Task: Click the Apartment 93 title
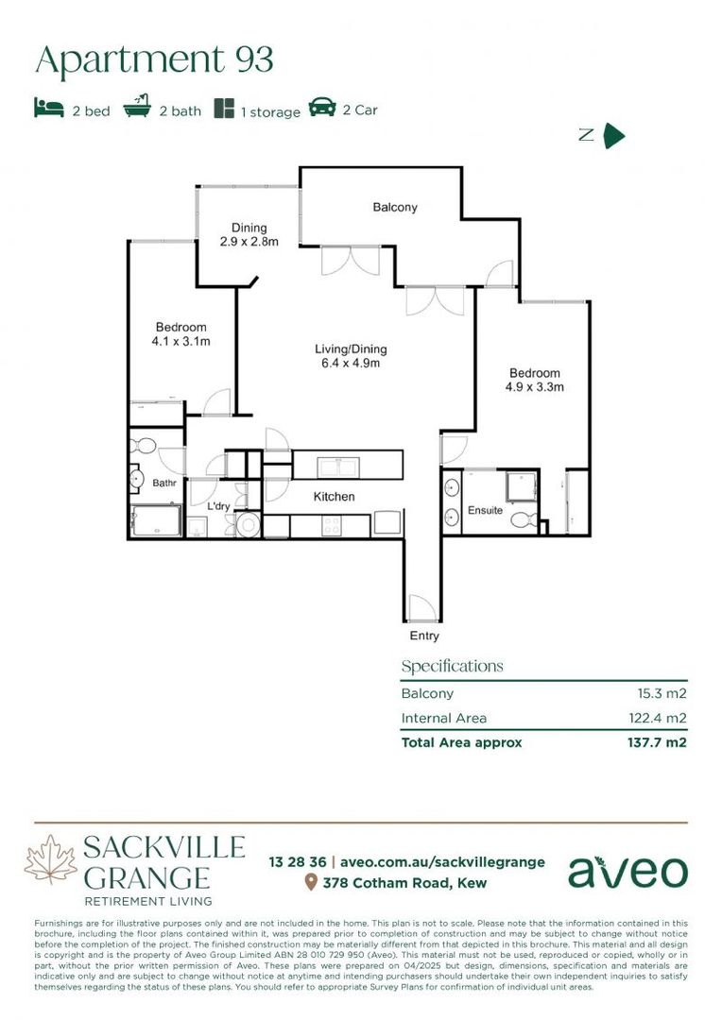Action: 154,59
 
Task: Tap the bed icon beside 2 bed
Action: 49,108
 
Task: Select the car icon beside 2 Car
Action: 322,108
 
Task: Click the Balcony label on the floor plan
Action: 394,207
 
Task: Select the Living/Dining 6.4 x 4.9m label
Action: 351,357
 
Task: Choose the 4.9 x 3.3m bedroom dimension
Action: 534,386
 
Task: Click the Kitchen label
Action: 334,497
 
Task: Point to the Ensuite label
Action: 485,511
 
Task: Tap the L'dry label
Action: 218,507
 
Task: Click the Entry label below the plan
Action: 424,636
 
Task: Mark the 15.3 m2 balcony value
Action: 662,693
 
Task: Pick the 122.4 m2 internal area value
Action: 658,718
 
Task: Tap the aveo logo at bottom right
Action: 627,871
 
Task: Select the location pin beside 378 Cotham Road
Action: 310,883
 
